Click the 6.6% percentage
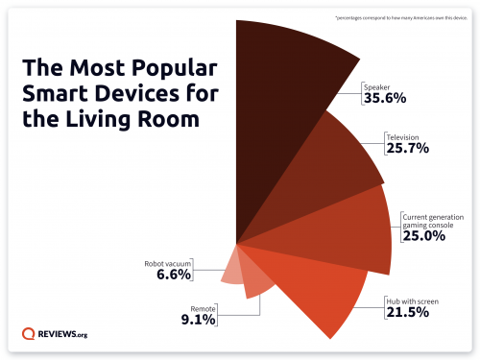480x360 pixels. click(x=173, y=275)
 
